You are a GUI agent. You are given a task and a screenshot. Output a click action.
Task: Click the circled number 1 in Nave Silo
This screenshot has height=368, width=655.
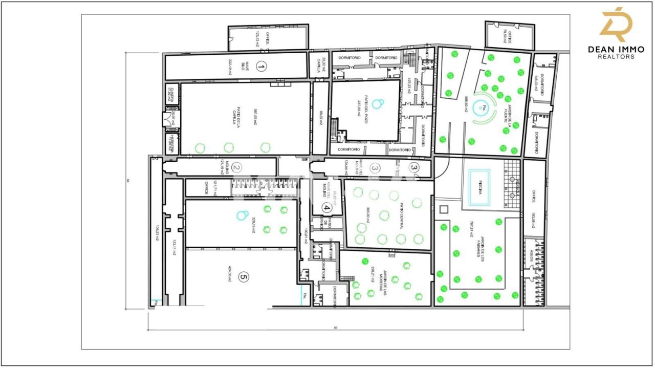pyautogui.click(x=261, y=67)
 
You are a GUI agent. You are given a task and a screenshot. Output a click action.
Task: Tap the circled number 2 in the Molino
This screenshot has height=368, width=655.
pyautogui.click(x=236, y=167)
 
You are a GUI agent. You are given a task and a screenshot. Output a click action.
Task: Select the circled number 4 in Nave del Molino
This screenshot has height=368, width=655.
pyautogui.click(x=326, y=208)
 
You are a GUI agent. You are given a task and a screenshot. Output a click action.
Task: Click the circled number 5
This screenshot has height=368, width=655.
pyautogui.click(x=244, y=278)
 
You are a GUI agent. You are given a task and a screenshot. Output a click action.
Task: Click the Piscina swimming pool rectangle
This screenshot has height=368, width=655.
pyautogui.click(x=476, y=188)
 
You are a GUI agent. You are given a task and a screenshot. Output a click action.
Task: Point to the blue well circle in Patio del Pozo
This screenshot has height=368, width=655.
pyautogui.click(x=378, y=104)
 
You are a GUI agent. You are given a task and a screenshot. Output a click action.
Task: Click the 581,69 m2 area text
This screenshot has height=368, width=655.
pyautogui.click(x=254, y=117)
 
